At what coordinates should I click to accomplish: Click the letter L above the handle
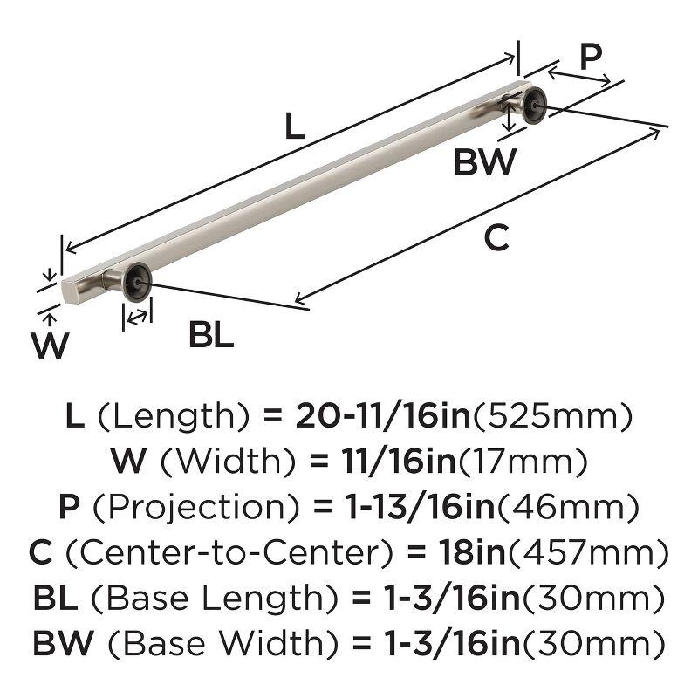[295, 129]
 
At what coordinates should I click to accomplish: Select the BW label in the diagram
[485, 162]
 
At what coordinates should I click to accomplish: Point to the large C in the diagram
[496, 238]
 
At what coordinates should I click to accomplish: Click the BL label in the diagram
[212, 335]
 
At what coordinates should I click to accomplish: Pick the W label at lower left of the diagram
[50, 346]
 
